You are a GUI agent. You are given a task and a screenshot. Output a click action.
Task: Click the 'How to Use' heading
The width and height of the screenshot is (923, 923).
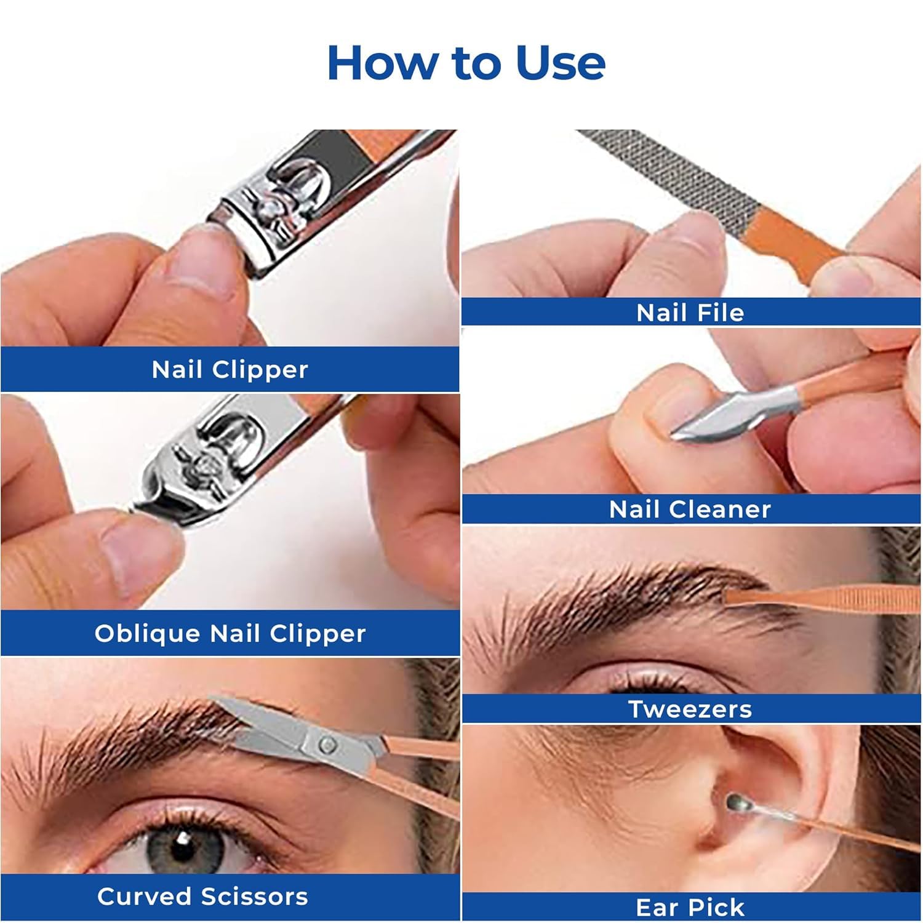coord(466,63)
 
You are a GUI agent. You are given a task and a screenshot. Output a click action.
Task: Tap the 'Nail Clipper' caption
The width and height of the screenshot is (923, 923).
coord(230,370)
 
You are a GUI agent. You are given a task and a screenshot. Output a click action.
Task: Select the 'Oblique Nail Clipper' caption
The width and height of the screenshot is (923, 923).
coord(230,634)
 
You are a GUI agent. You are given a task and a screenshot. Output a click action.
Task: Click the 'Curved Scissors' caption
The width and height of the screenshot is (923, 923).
coord(202,897)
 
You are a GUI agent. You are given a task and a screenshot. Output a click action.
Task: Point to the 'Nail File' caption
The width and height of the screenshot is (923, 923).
coord(690,313)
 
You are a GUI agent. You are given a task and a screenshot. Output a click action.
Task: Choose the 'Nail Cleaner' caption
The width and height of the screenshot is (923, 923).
coord(690,509)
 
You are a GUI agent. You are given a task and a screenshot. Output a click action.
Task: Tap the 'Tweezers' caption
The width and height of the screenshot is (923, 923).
coord(690,709)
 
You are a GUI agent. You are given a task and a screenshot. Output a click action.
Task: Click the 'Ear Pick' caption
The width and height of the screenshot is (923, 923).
coord(690,908)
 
